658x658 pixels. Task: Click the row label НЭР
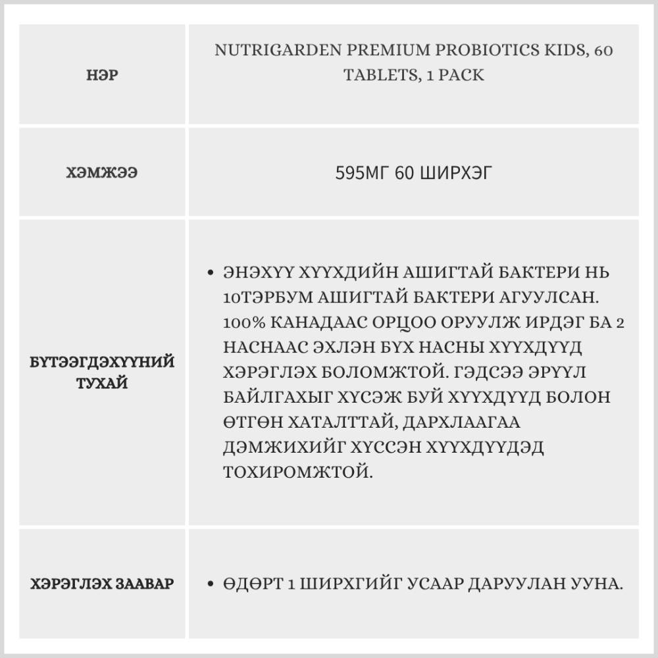(x=102, y=75)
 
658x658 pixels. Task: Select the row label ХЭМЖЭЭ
(x=102, y=173)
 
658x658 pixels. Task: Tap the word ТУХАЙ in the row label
(x=102, y=383)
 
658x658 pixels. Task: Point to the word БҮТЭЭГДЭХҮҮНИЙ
(x=102, y=362)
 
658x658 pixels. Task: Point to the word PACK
(x=463, y=75)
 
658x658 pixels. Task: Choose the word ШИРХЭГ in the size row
(x=453, y=173)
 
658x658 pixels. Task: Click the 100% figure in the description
(x=243, y=322)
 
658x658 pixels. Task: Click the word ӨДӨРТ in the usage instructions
(x=251, y=584)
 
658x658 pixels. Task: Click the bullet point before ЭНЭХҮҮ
(x=210, y=272)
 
